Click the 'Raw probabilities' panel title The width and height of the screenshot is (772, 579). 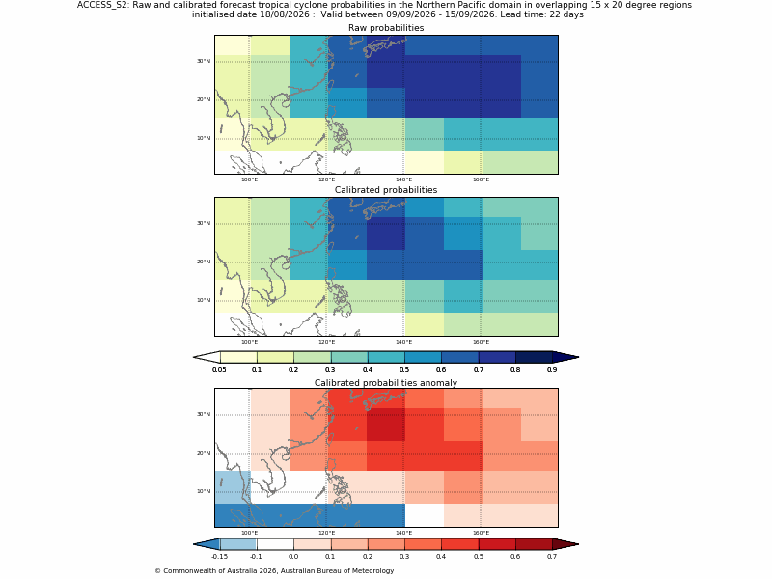click(386, 28)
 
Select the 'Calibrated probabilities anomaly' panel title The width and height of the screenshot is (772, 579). click(386, 383)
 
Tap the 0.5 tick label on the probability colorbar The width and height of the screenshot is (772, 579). click(404, 370)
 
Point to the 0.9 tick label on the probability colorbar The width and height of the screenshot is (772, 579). click(552, 370)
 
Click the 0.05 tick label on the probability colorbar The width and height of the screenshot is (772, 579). click(219, 370)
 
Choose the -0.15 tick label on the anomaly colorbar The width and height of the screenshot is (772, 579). click(219, 557)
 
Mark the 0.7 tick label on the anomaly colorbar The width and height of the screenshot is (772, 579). click(552, 557)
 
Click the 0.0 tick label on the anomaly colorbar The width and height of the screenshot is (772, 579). click(293, 557)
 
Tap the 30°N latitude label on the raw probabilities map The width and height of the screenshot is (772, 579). click(204, 61)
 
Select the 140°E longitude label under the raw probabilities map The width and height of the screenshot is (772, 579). click(403, 179)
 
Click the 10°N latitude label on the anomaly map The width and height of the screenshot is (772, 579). click(204, 491)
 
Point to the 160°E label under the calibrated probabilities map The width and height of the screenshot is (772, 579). click(481, 343)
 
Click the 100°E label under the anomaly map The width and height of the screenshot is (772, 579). click(249, 534)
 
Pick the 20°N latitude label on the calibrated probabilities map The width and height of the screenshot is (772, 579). click(204, 262)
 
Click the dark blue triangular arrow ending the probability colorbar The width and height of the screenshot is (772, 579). click(565, 357)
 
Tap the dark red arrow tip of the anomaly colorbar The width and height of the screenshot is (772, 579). click(565, 544)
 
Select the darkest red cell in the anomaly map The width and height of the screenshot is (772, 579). click(386, 425)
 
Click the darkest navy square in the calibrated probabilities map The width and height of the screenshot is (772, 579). click(386, 234)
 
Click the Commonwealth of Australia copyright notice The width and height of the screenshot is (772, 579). click(274, 571)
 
